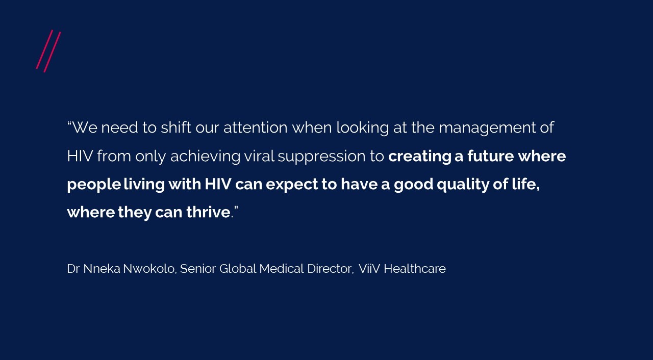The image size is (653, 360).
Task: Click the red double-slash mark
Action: (48, 51)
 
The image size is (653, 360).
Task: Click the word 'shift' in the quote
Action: (176, 127)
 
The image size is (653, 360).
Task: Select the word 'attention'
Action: (256, 127)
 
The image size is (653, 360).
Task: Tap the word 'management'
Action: (487, 128)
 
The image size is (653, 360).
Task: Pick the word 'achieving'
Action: (205, 157)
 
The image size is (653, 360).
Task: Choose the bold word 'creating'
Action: (420, 157)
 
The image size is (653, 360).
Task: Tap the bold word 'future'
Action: (491, 156)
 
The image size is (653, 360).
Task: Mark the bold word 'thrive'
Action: (209, 212)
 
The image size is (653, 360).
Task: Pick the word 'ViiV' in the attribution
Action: (369, 269)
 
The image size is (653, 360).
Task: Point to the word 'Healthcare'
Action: (415, 269)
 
